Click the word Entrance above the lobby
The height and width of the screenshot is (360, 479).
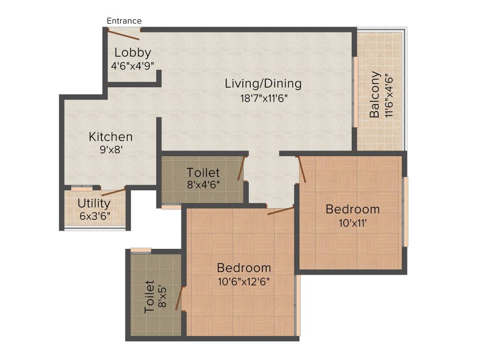click(124, 21)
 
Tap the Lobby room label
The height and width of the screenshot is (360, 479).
click(133, 52)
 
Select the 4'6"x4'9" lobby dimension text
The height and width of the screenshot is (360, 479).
click(133, 66)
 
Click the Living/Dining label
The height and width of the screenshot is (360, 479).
click(263, 84)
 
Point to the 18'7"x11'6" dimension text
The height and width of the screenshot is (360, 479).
click(263, 98)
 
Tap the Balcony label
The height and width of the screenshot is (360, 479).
click(374, 94)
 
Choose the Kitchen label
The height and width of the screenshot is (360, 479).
click(111, 137)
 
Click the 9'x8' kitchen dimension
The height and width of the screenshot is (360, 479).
click(111, 150)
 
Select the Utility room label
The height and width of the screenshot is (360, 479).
click(94, 203)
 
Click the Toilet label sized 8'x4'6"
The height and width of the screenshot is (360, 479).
click(203, 172)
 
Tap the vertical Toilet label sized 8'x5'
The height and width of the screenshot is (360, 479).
click(149, 297)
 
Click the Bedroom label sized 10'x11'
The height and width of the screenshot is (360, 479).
click(353, 209)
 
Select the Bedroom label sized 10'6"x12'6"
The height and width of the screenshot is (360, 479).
click(244, 268)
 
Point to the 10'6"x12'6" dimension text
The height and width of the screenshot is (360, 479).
click(244, 281)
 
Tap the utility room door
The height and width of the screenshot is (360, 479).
click(113, 192)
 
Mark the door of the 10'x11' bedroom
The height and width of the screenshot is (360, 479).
click(302, 169)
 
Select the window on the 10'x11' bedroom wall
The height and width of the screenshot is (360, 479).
click(406, 211)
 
